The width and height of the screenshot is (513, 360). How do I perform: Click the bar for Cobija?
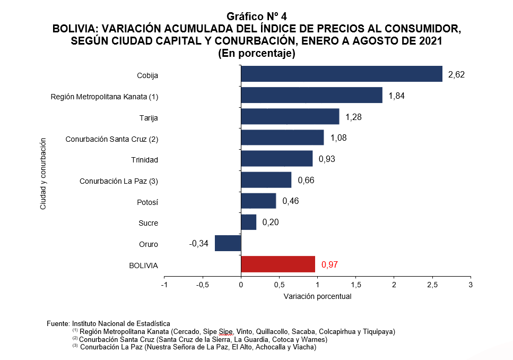342,74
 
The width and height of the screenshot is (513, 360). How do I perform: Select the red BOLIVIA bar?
278,264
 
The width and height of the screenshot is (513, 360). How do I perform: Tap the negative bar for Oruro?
228,243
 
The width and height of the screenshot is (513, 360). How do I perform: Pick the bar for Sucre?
249,222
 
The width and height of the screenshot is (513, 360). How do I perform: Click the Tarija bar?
290,116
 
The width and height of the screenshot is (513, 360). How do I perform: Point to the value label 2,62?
456,75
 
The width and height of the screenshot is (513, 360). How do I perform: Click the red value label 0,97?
329,264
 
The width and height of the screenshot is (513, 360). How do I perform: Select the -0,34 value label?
198,244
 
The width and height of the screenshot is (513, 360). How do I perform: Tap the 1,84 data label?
396,96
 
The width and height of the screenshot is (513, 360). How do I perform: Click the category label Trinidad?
145,160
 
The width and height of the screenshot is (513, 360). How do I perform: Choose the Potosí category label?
147,202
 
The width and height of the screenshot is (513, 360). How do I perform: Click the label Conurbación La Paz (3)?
119,181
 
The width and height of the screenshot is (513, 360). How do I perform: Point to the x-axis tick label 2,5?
432,285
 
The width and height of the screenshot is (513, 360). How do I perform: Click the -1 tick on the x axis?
164,285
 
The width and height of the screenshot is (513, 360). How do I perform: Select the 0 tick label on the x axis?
241,285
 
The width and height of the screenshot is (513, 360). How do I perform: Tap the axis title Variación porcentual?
317,296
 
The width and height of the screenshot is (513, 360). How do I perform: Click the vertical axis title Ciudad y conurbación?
43,174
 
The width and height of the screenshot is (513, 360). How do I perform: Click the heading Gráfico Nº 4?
257,16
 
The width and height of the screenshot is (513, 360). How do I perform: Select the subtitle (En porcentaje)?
257,53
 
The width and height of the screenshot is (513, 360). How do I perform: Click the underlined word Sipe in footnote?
226,332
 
